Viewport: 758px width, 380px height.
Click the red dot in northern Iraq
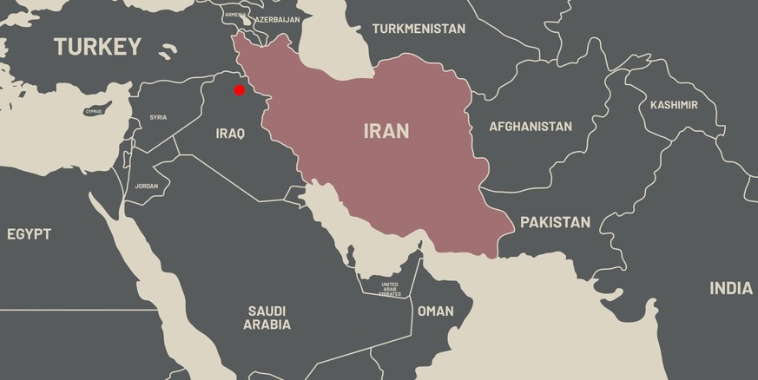point(239,89)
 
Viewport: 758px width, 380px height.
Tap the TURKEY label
point(97,47)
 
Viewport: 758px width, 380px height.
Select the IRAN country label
point(386,132)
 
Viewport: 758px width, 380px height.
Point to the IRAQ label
point(230,134)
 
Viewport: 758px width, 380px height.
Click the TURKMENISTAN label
point(419,29)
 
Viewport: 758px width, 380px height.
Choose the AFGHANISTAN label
point(531,127)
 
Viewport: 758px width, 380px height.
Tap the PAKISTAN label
point(555,223)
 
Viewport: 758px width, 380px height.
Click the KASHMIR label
point(674,105)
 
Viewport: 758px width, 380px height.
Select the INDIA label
point(731,289)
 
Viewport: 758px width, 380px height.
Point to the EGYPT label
point(29,234)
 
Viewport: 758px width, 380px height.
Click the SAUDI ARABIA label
point(267,318)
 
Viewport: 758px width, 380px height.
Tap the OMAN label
point(435,311)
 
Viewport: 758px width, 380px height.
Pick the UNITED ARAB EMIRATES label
point(390,289)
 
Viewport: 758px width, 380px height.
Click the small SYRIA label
point(158,117)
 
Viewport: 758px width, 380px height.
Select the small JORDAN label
point(147,187)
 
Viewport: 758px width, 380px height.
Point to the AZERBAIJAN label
point(277,19)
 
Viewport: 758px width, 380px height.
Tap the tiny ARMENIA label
point(234,15)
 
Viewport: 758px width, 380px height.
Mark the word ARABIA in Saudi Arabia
point(267,325)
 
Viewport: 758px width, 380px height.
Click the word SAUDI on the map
point(267,311)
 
